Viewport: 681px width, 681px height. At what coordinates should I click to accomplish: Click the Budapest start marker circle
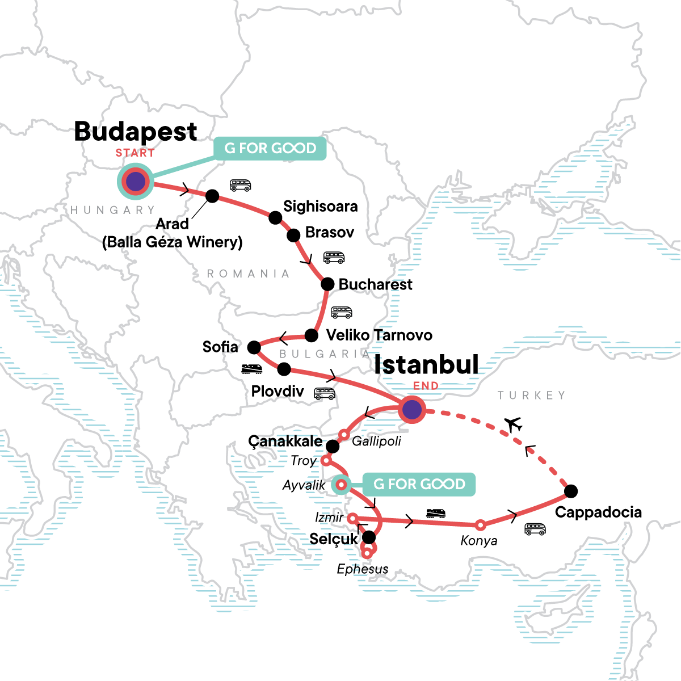pos(135,182)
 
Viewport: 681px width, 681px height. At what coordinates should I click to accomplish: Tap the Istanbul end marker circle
pos(412,409)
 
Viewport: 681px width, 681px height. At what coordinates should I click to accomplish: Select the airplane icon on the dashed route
pos(513,424)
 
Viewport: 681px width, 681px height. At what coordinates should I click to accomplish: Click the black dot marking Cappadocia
pos(571,491)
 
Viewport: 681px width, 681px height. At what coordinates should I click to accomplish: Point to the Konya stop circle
pos(481,525)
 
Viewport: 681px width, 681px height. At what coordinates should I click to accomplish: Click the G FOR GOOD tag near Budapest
pos(270,148)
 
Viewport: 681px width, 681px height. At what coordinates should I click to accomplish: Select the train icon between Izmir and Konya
pos(436,514)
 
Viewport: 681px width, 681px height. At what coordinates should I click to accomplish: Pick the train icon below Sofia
pos(251,369)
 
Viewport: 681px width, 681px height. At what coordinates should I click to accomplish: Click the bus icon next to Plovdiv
pos(325,394)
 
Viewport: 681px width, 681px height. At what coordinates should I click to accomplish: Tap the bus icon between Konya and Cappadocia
pos(535,529)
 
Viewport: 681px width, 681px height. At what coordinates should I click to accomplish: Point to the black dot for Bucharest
pos(327,284)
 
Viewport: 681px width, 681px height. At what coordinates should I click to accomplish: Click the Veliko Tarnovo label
pos(379,335)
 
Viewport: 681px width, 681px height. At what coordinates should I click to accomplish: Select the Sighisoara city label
pos(321,206)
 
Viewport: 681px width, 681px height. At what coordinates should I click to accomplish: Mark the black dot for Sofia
pos(254,347)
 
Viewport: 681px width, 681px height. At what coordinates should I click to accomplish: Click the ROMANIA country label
pos(248,274)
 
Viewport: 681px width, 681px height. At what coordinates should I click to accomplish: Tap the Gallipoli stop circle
pos(343,435)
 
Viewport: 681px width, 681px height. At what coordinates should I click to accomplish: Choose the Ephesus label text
pos(363,569)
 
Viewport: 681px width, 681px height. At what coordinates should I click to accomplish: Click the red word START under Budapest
pos(135,153)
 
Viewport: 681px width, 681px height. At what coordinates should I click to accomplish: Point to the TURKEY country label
pos(532,395)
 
